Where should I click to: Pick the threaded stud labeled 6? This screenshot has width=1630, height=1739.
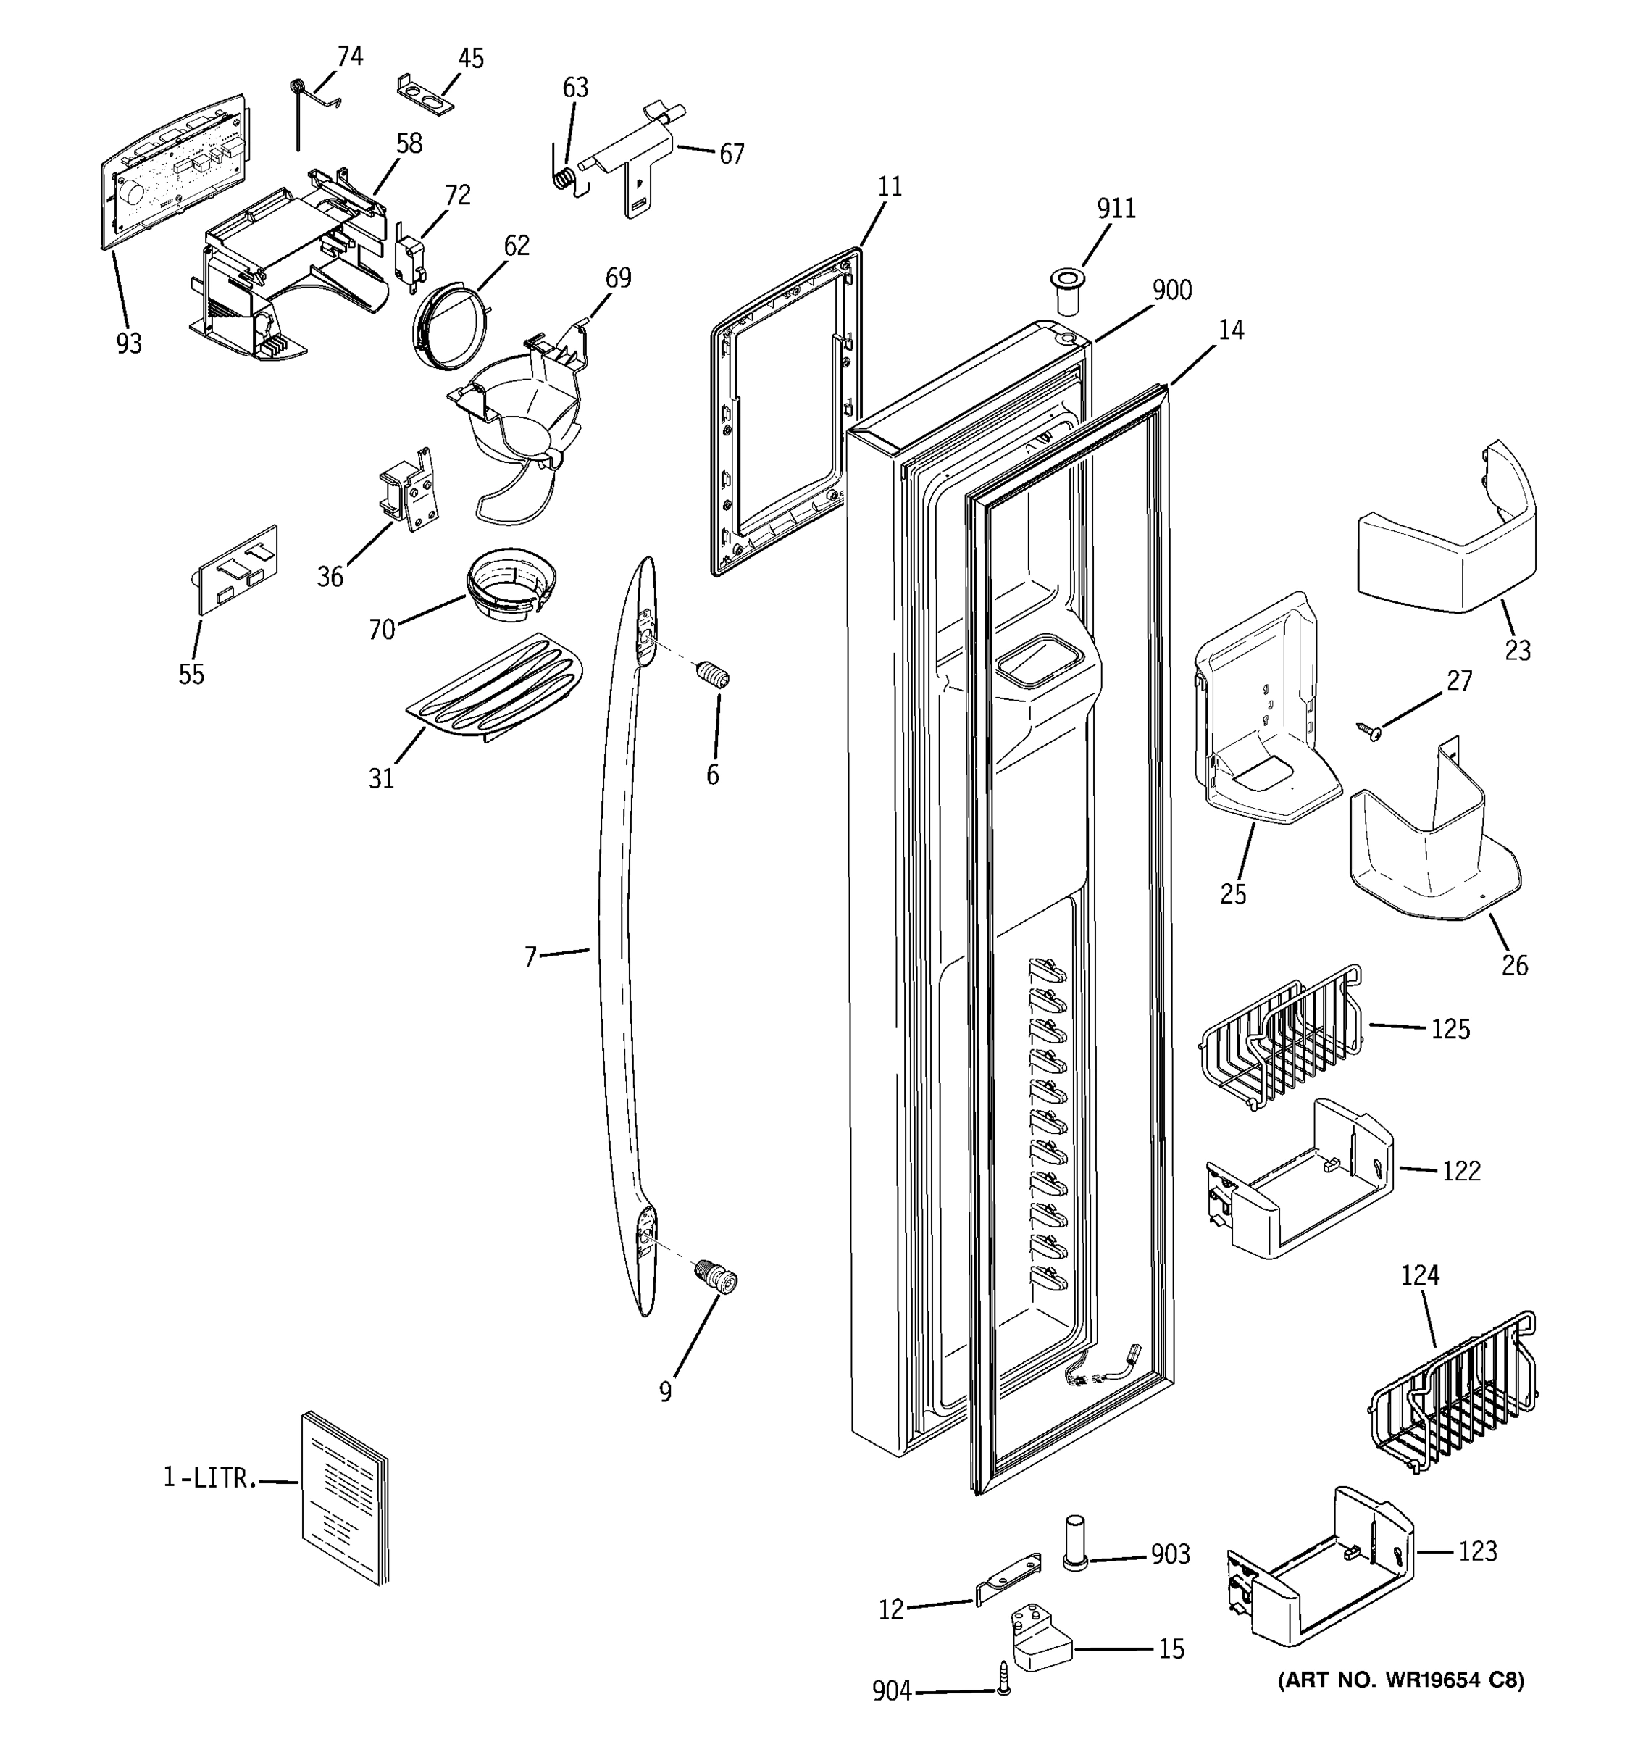pyautogui.click(x=714, y=676)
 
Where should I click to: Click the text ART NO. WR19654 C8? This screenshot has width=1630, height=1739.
pyautogui.click(x=1400, y=1680)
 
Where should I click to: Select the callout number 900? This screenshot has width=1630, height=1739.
pyautogui.click(x=1171, y=291)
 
